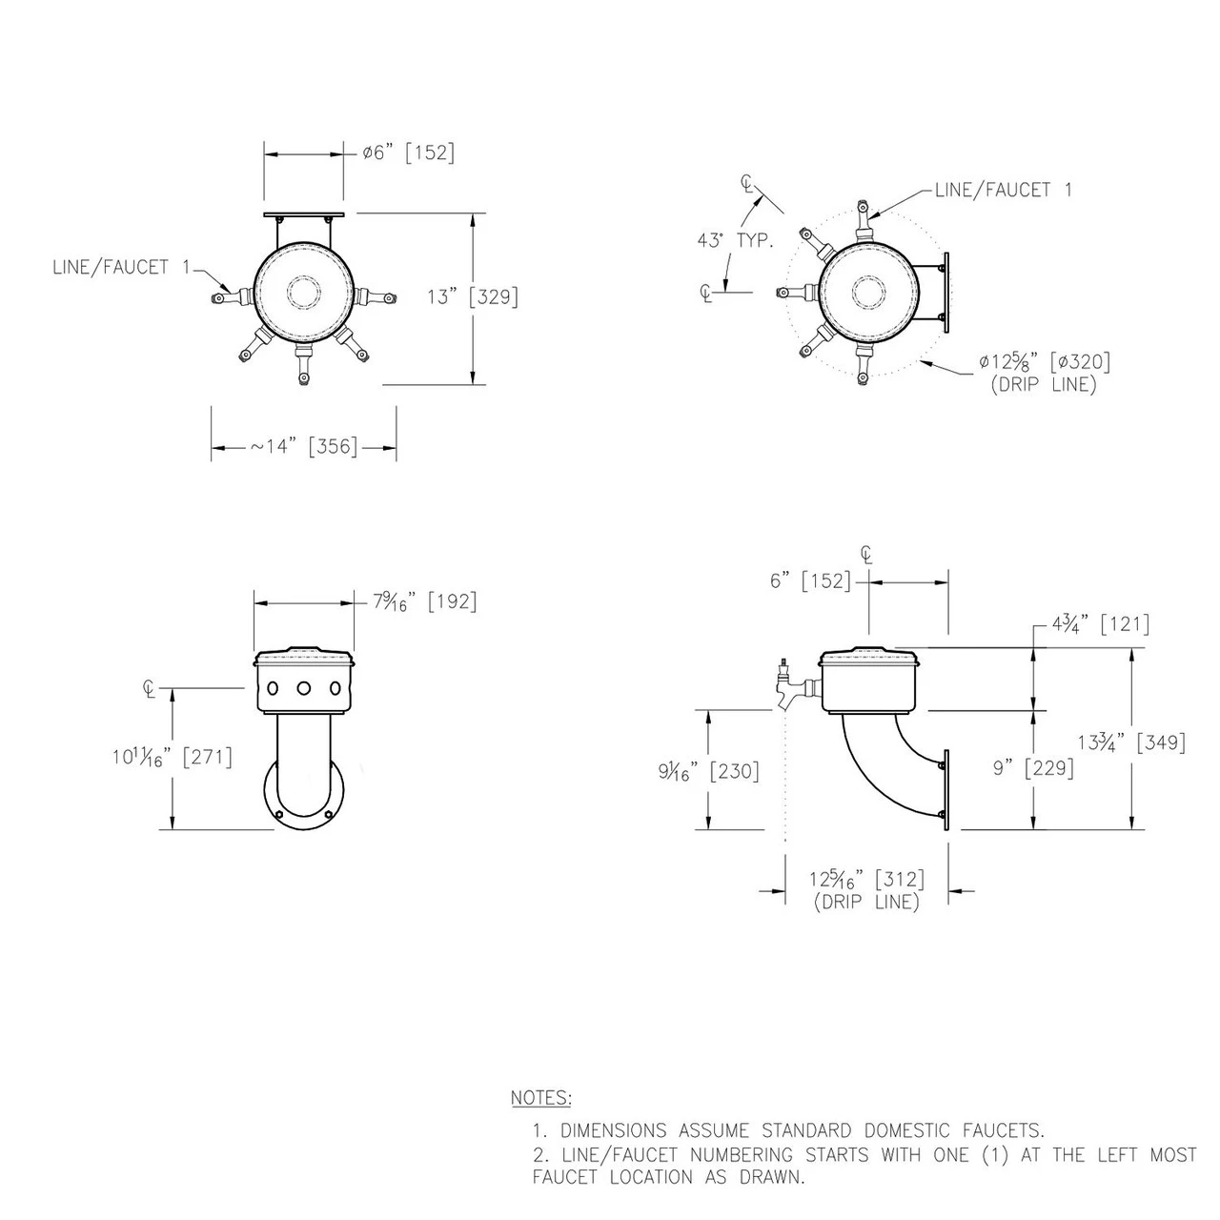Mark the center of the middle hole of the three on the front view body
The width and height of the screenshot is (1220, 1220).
click(x=303, y=687)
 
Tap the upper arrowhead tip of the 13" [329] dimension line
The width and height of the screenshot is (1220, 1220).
click(x=474, y=214)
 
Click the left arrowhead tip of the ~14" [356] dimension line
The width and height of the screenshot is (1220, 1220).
click(x=212, y=448)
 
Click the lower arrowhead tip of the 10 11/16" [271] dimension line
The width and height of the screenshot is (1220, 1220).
click(x=172, y=828)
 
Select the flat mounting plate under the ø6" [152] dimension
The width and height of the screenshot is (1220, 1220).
click(x=304, y=214)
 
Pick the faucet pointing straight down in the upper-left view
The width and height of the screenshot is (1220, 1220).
click(x=304, y=365)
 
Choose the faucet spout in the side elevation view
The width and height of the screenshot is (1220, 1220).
click(x=787, y=687)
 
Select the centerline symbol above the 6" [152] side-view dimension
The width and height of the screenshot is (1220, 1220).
click(x=867, y=556)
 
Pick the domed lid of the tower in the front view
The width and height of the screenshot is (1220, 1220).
click(x=303, y=656)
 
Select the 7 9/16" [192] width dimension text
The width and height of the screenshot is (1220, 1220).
click(x=424, y=601)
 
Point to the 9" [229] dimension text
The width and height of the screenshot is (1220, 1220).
click(x=1033, y=768)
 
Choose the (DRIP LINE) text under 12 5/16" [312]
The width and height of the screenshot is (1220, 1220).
click(x=866, y=903)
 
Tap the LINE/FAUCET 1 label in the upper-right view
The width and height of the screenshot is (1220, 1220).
click(x=1004, y=190)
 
